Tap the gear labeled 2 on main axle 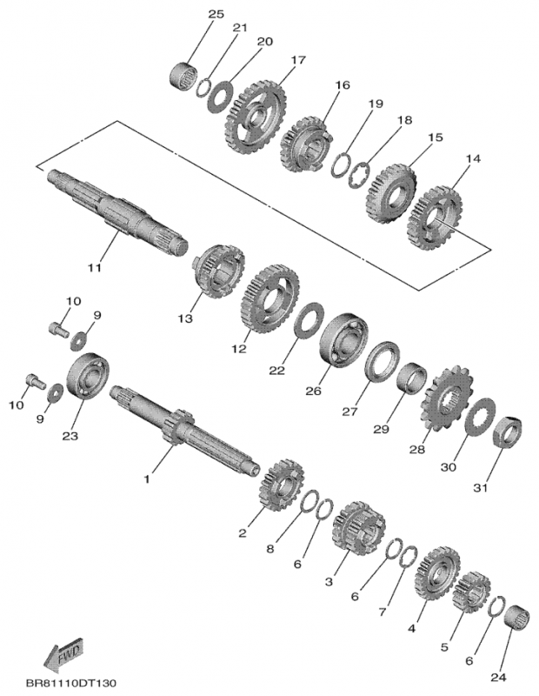coord(279,489)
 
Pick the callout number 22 coord(276,371)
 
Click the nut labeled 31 coord(507,432)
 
